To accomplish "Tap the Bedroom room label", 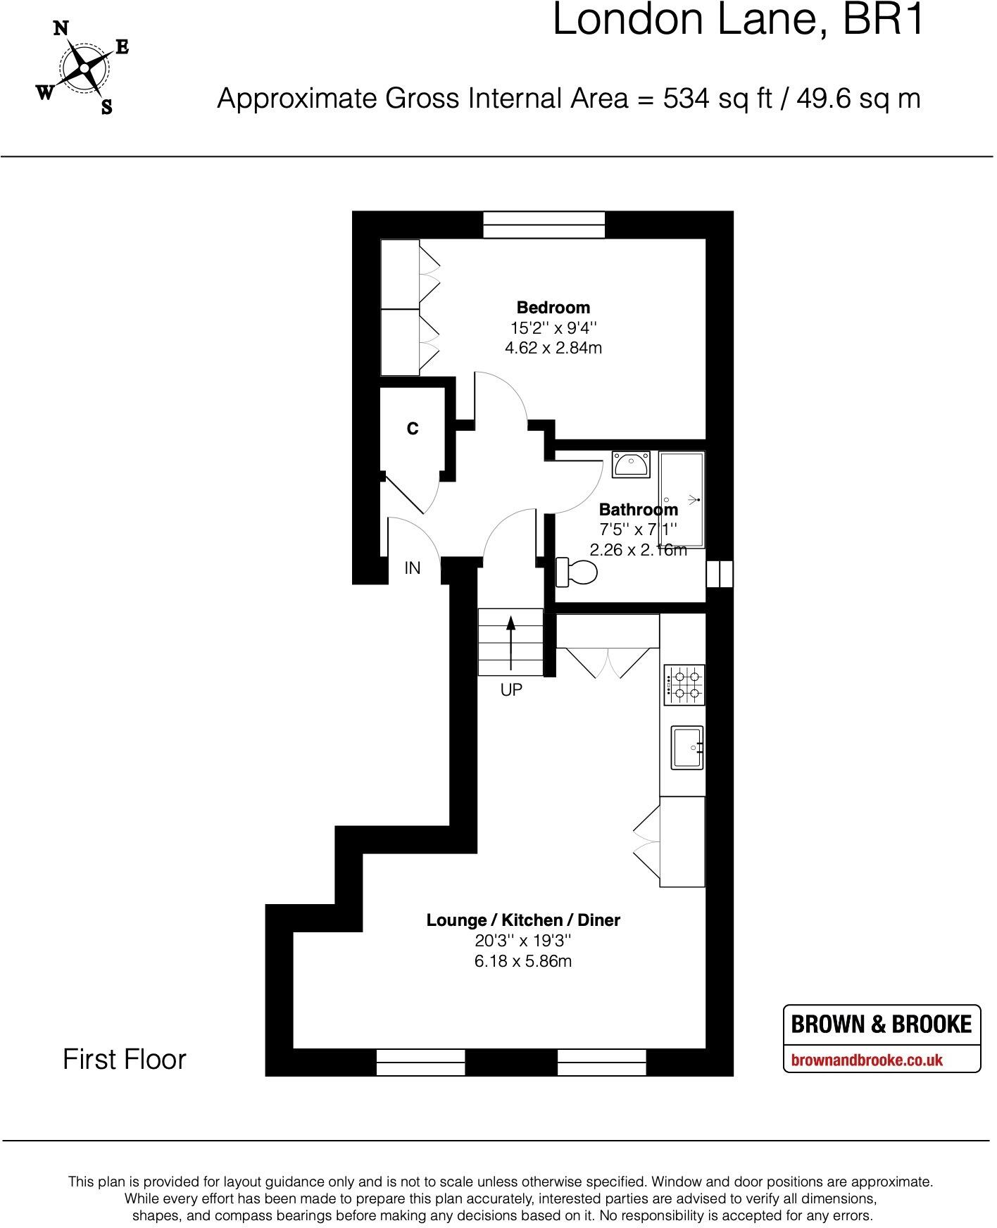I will [553, 307].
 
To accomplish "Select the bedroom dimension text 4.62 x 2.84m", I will [553, 348].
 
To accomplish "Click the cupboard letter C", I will [413, 428].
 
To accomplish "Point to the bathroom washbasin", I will [631, 465].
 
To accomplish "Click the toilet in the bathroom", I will [577, 571].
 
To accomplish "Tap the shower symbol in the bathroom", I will [694, 500].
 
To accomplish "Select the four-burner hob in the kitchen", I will [684, 685].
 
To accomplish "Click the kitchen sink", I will [686, 747].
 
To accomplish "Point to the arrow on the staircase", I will [511, 642].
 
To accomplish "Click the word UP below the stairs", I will [511, 690].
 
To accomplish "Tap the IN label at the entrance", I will [413, 568].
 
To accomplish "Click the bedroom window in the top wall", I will [544, 225].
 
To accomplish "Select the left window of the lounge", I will [420, 1062].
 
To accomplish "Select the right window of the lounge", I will [601, 1062].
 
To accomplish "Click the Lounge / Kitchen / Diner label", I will [523, 920].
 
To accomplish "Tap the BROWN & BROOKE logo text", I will [881, 1024].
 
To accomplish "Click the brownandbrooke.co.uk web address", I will [867, 1060].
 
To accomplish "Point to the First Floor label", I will [125, 1059].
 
